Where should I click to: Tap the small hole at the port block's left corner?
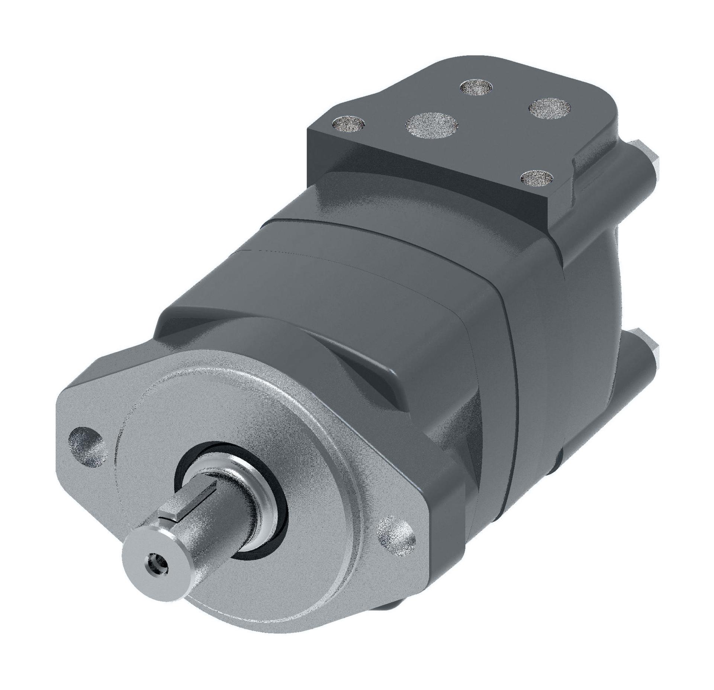(349, 123)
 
